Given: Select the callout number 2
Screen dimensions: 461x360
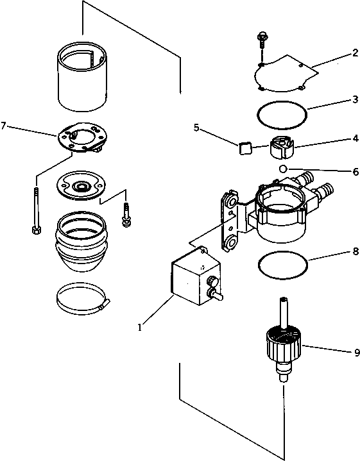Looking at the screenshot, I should click(354, 54).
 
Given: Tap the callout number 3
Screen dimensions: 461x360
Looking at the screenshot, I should click(354, 100).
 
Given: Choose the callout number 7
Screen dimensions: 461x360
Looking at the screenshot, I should click(5, 126).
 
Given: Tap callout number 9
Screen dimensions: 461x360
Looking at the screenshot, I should click(354, 351).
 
